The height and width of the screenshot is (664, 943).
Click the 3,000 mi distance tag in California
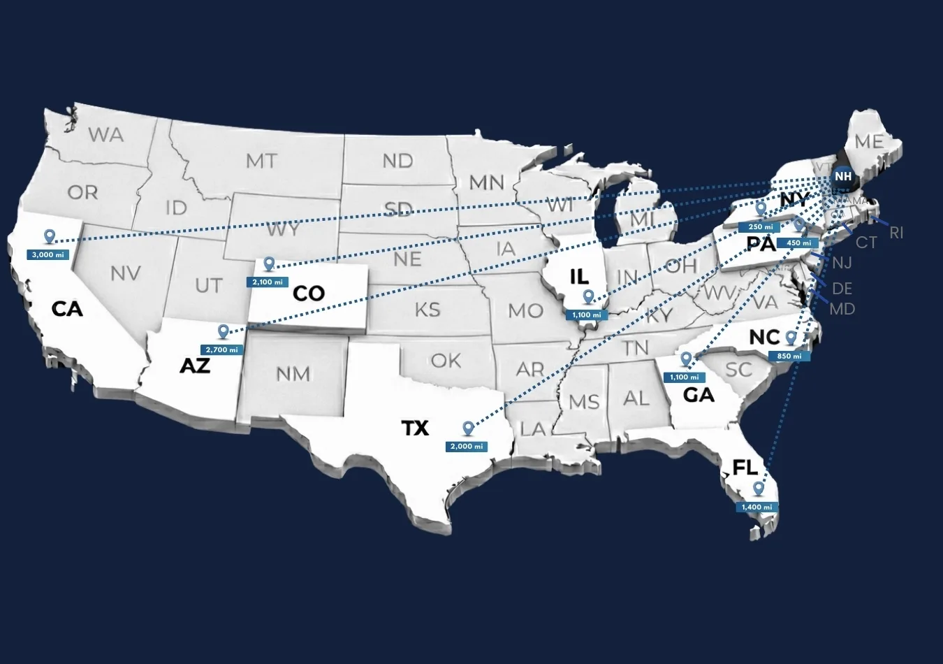[x=48, y=255]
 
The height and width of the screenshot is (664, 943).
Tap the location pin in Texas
[x=468, y=428]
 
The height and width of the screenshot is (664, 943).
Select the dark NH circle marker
[x=843, y=177]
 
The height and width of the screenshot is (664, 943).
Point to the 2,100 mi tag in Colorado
[x=268, y=282]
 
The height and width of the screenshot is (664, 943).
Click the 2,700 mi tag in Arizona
[x=221, y=349]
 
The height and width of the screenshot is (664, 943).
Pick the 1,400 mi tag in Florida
[x=756, y=507]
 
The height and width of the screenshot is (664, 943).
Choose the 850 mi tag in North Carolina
[x=789, y=356]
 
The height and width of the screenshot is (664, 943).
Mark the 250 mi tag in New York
[x=760, y=227]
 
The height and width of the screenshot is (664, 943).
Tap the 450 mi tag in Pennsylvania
[x=798, y=243]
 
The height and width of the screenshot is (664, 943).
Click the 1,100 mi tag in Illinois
[x=587, y=315]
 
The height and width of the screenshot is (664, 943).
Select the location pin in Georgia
[x=687, y=359]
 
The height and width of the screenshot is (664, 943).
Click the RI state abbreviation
[x=896, y=233]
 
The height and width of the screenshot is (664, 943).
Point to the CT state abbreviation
[x=866, y=243]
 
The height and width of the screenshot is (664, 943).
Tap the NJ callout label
[x=842, y=264]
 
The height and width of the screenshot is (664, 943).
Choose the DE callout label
[x=842, y=288]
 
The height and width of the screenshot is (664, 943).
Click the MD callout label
[x=842, y=309]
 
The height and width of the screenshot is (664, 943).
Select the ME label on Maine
[x=869, y=142]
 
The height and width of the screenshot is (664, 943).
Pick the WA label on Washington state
[x=106, y=135]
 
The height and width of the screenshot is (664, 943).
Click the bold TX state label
[x=415, y=428]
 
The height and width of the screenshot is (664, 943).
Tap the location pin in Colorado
[x=269, y=264]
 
